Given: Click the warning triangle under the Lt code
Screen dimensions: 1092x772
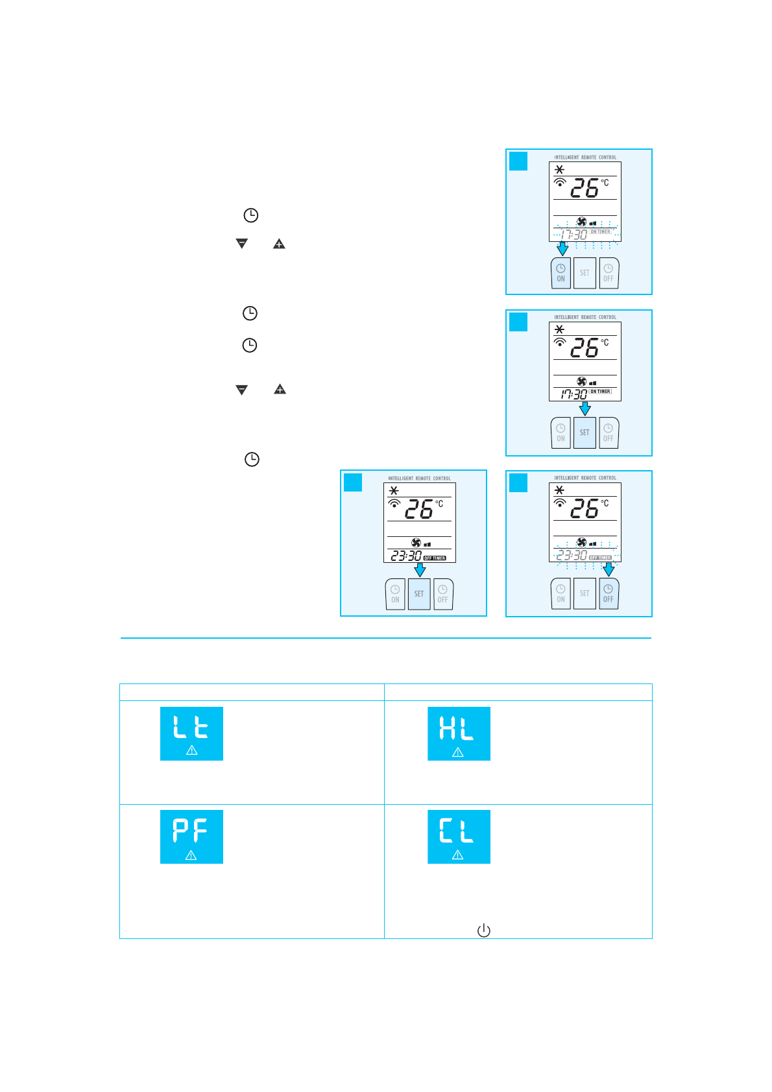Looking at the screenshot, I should (x=191, y=750).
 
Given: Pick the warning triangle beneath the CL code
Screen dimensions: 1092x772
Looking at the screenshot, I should (x=457, y=855).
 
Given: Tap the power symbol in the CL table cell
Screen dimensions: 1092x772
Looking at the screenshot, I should (x=483, y=931).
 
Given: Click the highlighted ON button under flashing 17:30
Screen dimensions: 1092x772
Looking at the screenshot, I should (x=561, y=273).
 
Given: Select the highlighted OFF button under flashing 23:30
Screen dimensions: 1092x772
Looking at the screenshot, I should (x=608, y=593).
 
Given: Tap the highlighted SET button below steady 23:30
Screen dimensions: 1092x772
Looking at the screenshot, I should (x=419, y=594).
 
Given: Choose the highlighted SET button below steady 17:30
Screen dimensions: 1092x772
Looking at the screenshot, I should (x=585, y=433).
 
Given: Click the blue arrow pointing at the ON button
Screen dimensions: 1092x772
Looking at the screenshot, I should (x=562, y=248).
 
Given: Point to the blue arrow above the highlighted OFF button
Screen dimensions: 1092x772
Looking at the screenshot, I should (x=608, y=569).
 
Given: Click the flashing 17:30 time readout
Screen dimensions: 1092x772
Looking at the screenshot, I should (x=573, y=234).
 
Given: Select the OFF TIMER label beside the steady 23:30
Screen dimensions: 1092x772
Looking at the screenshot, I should (x=435, y=558).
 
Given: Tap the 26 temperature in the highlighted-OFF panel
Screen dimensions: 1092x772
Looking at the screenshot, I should (x=584, y=509).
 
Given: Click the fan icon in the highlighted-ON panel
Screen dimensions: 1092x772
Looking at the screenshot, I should (x=581, y=222).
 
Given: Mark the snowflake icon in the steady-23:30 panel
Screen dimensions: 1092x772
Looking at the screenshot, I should (x=394, y=491).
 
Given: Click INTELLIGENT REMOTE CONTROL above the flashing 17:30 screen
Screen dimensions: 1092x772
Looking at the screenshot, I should (x=585, y=158).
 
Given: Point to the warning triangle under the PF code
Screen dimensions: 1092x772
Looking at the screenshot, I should (x=191, y=855).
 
